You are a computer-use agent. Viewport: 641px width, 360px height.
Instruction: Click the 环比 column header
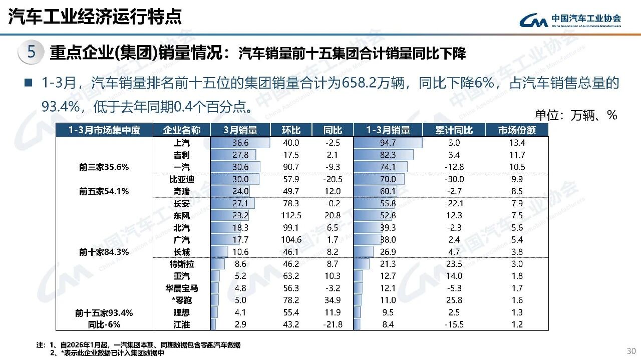(x=291, y=130)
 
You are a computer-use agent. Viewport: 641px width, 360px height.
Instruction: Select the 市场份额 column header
(x=517, y=130)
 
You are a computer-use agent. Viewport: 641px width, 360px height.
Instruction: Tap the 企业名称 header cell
(x=182, y=130)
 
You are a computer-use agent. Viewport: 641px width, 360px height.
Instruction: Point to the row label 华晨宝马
(x=181, y=288)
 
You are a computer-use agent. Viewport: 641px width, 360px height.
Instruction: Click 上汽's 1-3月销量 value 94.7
(x=388, y=143)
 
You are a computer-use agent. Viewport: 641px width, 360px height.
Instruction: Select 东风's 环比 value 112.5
(x=291, y=216)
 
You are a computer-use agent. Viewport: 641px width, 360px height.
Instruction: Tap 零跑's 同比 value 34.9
(x=332, y=300)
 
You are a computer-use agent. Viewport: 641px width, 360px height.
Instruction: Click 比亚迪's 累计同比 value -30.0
(x=454, y=179)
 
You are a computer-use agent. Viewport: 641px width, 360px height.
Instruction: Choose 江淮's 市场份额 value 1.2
(x=517, y=324)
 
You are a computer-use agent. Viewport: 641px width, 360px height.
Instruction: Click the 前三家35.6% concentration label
(x=104, y=167)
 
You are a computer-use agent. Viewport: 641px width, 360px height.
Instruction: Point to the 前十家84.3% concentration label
(x=104, y=252)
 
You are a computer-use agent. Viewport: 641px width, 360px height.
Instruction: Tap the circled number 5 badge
(x=31, y=53)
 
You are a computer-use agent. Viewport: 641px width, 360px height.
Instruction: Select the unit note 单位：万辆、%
(x=576, y=115)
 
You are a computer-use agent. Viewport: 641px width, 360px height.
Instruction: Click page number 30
(x=630, y=350)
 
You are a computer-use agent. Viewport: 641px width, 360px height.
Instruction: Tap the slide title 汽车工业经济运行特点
(x=95, y=17)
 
